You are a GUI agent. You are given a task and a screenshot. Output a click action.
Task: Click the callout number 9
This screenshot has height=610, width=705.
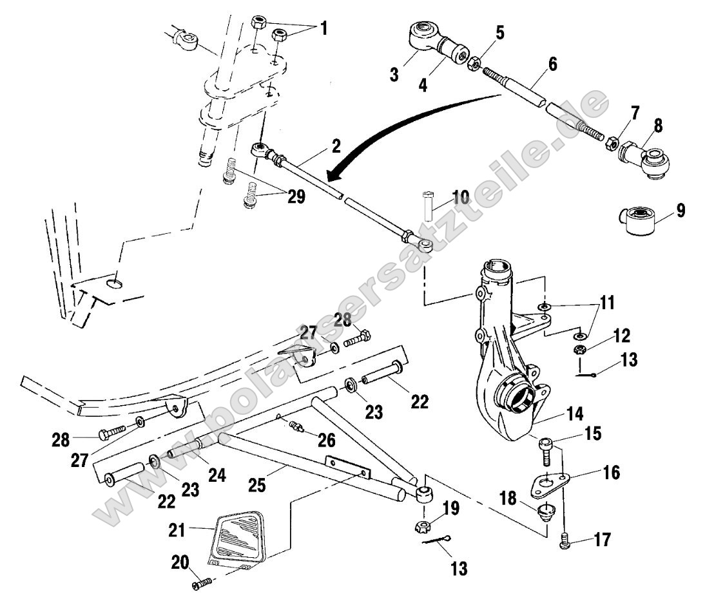point(681,210)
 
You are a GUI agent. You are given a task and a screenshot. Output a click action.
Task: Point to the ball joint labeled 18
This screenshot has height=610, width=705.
point(547,513)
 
